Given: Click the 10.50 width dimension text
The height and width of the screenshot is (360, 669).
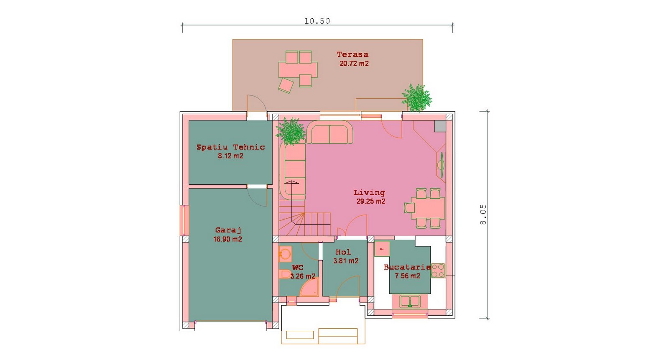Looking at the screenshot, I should tap(317, 21).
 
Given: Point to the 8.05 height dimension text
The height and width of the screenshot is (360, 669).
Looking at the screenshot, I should tap(483, 214).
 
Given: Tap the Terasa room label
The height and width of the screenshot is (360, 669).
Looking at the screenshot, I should tap(352, 54).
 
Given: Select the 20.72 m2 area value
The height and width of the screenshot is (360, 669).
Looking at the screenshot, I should tap(354, 64).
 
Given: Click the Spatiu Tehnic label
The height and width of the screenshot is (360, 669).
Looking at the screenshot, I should tap(230, 147).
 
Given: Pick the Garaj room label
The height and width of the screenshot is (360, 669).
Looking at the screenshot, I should tap(228, 230).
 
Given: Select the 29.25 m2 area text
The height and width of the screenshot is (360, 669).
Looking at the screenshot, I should tap(370, 201).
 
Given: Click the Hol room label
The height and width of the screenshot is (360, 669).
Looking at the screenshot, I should tap(343, 252).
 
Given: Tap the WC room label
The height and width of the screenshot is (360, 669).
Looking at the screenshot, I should tap(297, 268).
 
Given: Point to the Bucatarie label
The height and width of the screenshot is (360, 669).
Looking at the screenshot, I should tap(407, 267).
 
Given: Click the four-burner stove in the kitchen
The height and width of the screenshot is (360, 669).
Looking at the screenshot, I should tap(438, 271).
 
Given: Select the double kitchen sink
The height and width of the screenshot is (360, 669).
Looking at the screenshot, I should tap(410, 301).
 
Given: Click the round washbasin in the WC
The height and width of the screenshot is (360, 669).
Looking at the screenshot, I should tap(285, 254).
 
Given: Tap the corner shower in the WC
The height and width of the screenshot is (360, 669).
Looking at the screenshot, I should tap(309, 288).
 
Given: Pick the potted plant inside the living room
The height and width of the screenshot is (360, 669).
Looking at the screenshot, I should tap(291, 131).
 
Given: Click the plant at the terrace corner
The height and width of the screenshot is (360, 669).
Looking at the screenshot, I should tap(416, 98).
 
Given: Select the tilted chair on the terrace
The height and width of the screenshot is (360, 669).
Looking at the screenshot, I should tap(286, 86).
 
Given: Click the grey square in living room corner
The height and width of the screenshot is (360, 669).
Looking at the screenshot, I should tap(439, 126).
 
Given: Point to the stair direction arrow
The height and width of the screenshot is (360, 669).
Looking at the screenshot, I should tap(292, 183).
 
